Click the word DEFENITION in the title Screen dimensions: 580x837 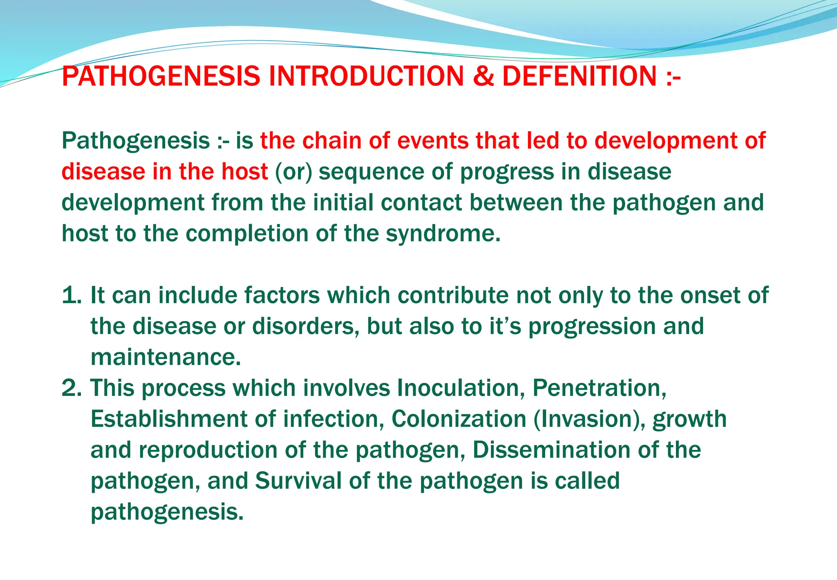(x=579, y=76)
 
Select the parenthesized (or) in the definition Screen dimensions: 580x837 (x=293, y=172)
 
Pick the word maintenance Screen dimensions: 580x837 (x=166, y=357)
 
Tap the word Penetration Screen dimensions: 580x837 (x=599, y=388)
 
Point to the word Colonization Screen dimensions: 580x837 (x=459, y=419)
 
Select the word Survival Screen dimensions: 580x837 (x=298, y=481)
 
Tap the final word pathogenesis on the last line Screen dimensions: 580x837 (x=167, y=512)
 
